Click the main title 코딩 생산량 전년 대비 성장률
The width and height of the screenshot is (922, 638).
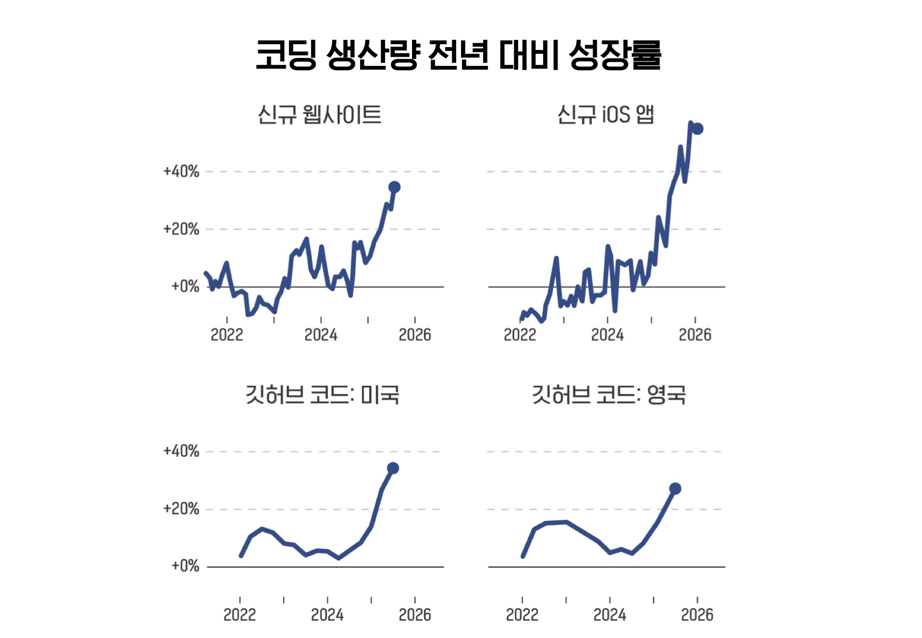[459, 55]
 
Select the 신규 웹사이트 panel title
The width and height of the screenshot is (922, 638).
[319, 115]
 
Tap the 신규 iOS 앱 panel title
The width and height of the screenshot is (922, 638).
[606, 115]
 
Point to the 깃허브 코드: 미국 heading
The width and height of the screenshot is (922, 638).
[322, 395]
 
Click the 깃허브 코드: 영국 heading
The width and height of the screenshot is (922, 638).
[608, 395]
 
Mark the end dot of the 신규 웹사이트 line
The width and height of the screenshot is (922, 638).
[394, 187]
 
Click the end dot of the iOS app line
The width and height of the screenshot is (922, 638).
[698, 129]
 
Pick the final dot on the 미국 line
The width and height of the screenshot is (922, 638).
[393, 468]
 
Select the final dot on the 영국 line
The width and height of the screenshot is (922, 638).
[675, 489]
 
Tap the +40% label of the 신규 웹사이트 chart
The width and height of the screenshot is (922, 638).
[181, 171]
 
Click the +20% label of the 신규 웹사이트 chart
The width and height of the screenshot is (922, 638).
[181, 229]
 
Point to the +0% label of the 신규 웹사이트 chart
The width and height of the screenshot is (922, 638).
[185, 287]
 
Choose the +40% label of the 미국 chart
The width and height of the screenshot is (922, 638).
[181, 451]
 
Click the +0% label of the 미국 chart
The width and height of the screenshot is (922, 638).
[185, 566]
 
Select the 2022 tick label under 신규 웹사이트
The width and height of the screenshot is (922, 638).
[227, 335]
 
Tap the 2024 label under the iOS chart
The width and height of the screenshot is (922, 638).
[607, 335]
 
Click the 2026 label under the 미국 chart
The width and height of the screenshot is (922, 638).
[415, 614]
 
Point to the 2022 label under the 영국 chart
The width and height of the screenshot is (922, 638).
[522, 614]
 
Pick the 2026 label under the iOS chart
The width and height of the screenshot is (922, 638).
[695, 335]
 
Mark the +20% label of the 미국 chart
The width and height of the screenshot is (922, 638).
[181, 509]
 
